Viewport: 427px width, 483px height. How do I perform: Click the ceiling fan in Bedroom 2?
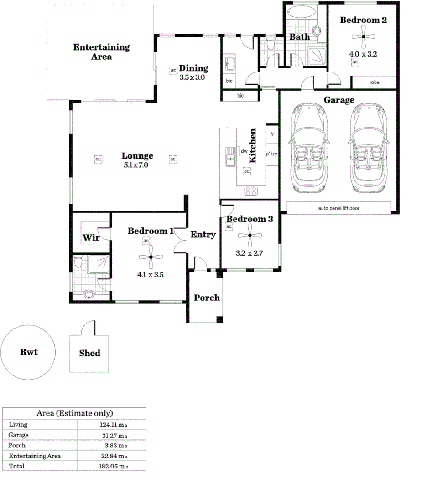[364, 36]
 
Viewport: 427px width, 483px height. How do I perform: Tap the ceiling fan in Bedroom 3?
[249, 236]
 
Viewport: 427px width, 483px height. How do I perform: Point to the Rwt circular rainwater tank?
[29, 352]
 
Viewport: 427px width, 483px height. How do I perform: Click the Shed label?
[89, 353]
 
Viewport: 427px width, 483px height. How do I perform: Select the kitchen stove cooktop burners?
[251, 191]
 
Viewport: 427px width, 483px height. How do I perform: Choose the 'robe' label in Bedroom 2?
[374, 82]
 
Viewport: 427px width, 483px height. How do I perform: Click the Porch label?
[207, 298]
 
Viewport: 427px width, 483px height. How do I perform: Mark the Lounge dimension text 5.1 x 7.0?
[136, 165]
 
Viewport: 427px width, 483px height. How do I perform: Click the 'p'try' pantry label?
[271, 154]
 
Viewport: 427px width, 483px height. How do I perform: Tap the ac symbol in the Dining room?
[173, 71]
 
